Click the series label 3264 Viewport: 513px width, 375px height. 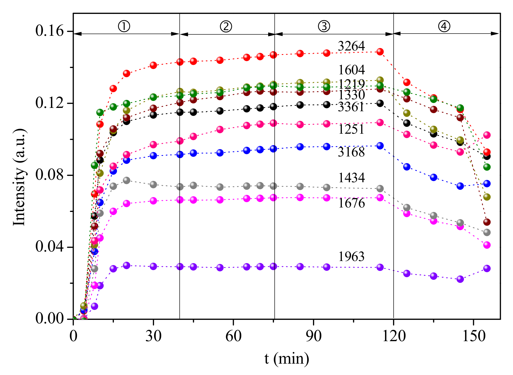[351, 46]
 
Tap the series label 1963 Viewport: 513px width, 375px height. [351, 257]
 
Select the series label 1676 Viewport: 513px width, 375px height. [351, 203]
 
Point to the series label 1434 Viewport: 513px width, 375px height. [351, 178]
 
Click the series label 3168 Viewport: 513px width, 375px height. [351, 152]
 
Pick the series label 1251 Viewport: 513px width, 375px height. [351, 129]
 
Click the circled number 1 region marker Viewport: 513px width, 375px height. [124, 26]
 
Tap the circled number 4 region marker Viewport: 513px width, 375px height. [444, 26]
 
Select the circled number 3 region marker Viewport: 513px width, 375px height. [324, 26]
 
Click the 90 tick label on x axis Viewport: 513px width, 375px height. [314, 336]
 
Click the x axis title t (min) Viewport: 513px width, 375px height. [287, 359]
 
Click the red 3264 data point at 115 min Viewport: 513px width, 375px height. [380, 52]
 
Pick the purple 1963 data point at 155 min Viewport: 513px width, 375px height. [487, 268]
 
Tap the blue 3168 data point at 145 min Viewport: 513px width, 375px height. [460, 186]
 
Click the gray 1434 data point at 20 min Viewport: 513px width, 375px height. [127, 180]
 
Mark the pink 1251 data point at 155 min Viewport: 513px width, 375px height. [487, 135]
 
